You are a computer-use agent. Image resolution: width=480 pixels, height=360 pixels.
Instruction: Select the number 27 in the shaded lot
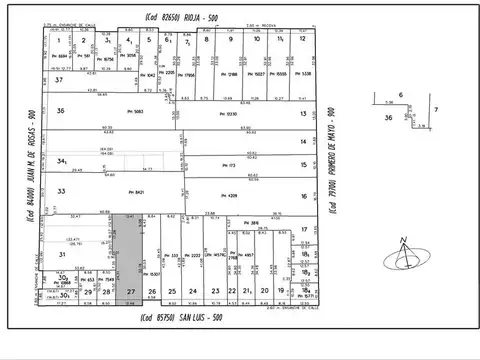[131, 292]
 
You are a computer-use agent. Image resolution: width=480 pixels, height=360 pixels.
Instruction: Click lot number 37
[59, 79]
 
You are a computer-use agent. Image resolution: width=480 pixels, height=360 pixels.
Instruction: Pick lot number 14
[302, 142]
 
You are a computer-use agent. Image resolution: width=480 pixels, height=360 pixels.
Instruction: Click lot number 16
[302, 196]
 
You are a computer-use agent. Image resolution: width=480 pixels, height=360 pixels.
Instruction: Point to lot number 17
[302, 231]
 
